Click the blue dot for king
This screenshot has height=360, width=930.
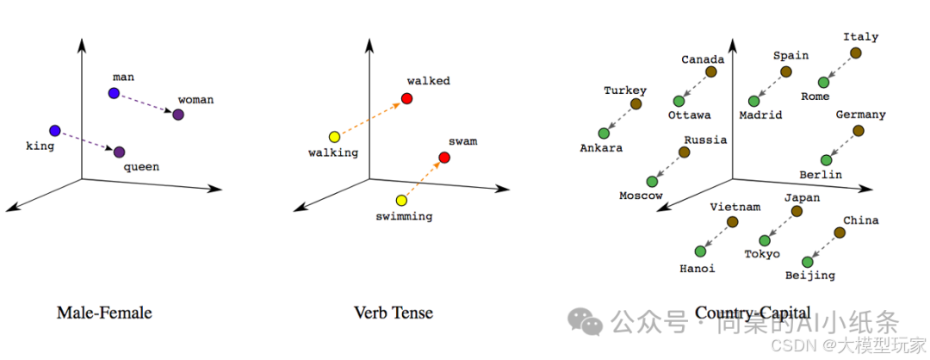pos(55,131)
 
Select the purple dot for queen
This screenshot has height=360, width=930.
pos(120,152)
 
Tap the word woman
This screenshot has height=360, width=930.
pos(195,100)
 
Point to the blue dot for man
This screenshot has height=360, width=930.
pos(113,93)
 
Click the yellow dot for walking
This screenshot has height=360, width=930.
pos(334,137)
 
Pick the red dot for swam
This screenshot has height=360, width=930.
pos(444,158)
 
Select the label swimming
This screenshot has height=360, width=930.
pos(404,216)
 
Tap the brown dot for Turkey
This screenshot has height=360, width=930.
pos(635,104)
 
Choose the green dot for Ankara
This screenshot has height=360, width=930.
pos(604,133)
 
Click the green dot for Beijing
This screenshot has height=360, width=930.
pos(807,262)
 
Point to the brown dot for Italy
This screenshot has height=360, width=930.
pos(855,53)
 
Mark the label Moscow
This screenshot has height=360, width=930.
pos(641,196)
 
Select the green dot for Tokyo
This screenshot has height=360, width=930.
pos(765,240)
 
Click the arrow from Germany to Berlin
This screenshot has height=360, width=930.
pos(842,146)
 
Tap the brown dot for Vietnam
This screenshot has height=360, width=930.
pos(732,222)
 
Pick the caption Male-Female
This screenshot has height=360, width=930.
pos(104,313)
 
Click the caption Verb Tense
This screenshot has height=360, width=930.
pos(394,313)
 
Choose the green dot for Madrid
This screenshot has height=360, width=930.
pos(754,102)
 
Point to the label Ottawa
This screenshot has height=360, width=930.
pos(689,115)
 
